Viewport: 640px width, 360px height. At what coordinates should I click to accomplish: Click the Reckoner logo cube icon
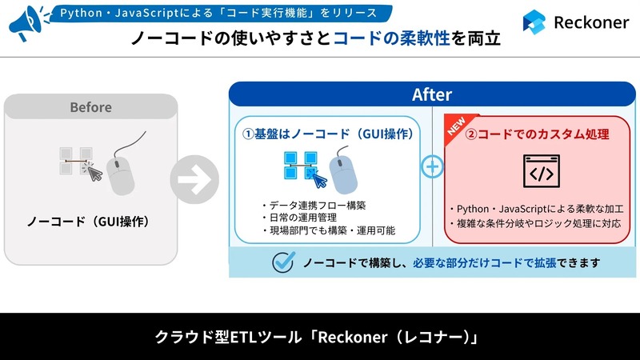click(x=535, y=22)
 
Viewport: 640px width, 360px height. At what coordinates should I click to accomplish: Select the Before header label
click(x=90, y=106)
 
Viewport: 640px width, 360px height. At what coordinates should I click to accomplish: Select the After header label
click(x=432, y=94)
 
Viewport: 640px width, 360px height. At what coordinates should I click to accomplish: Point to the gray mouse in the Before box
click(x=122, y=170)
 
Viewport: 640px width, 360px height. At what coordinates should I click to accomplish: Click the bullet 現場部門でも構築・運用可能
click(x=329, y=231)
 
